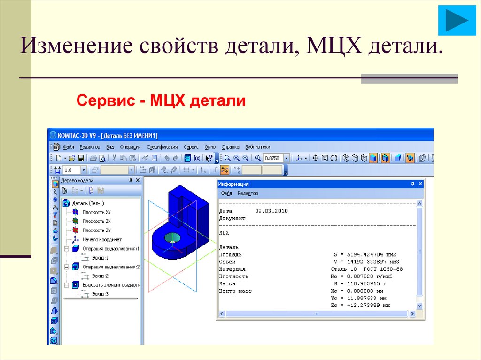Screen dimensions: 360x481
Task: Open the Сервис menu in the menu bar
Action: click(191, 147)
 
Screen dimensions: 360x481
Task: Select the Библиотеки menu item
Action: click(258, 147)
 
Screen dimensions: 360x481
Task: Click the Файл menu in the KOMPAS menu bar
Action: click(68, 147)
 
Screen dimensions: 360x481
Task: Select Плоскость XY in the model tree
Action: click(96, 212)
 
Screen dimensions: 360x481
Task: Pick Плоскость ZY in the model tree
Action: click(96, 230)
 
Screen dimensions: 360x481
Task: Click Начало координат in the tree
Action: click(102, 239)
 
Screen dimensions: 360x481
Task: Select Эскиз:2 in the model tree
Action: click(101, 276)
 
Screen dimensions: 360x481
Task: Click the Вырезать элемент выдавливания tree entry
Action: click(110, 285)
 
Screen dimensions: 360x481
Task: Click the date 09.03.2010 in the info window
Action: click(272, 211)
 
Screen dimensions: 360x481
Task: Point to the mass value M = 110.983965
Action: click(361, 284)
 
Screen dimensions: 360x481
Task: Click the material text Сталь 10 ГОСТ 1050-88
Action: click(366, 269)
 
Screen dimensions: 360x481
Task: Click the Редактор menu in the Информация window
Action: click(248, 193)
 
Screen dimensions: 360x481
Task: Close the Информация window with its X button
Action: click(420, 184)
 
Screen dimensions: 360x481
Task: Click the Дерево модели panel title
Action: click(77, 180)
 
